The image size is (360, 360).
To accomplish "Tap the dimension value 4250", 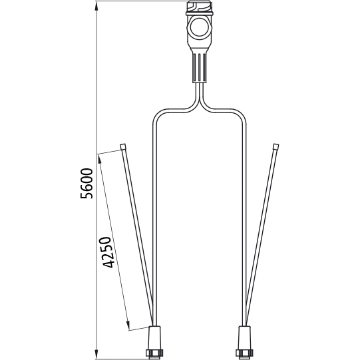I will (x=106, y=251).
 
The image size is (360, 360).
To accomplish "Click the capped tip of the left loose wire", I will (x=123, y=146).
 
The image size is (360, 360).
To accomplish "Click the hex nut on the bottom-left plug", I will (x=155, y=350).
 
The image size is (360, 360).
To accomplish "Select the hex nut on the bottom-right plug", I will (x=243, y=350).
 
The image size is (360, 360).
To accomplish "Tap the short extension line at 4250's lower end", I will (x=140, y=328).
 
